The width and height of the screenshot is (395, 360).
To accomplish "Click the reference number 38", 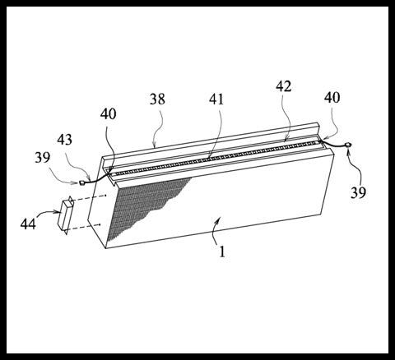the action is (x=157, y=99).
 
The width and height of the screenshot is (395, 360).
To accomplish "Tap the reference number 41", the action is (x=216, y=99).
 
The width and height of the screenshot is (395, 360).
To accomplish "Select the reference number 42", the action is (x=284, y=86).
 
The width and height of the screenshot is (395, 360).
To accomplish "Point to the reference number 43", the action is (x=65, y=140).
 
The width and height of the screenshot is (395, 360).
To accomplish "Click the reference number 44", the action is (x=28, y=224).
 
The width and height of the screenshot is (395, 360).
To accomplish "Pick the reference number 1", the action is (x=222, y=252).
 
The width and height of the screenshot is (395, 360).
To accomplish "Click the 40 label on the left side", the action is (x=108, y=113).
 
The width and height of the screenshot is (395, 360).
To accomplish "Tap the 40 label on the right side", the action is (x=332, y=98).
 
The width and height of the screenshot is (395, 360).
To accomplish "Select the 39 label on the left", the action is (x=43, y=158).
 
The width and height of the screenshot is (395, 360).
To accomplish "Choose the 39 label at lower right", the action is (x=358, y=192).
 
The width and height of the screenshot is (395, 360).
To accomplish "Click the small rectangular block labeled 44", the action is (x=66, y=215).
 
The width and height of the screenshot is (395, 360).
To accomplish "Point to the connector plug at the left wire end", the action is (x=81, y=182).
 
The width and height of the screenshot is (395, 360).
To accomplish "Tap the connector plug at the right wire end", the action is (x=349, y=145).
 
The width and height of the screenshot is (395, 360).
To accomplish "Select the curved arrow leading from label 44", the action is (x=47, y=213).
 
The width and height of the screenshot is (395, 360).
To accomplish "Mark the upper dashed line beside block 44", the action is (x=90, y=198).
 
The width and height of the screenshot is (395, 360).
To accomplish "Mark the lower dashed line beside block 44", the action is (x=84, y=227).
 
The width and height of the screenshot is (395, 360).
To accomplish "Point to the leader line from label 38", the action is (x=159, y=129).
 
